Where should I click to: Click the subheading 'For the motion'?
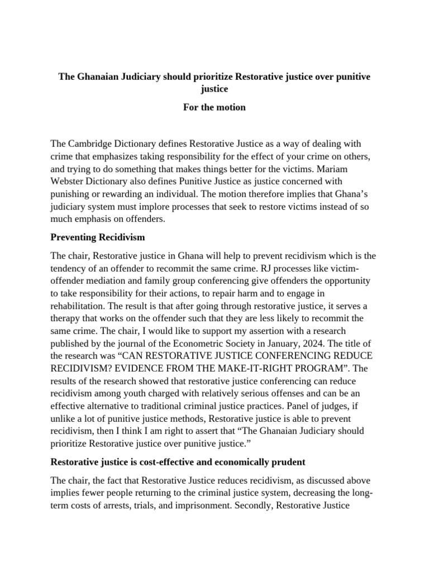click(x=214, y=107)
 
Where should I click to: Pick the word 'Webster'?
click(x=68, y=182)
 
